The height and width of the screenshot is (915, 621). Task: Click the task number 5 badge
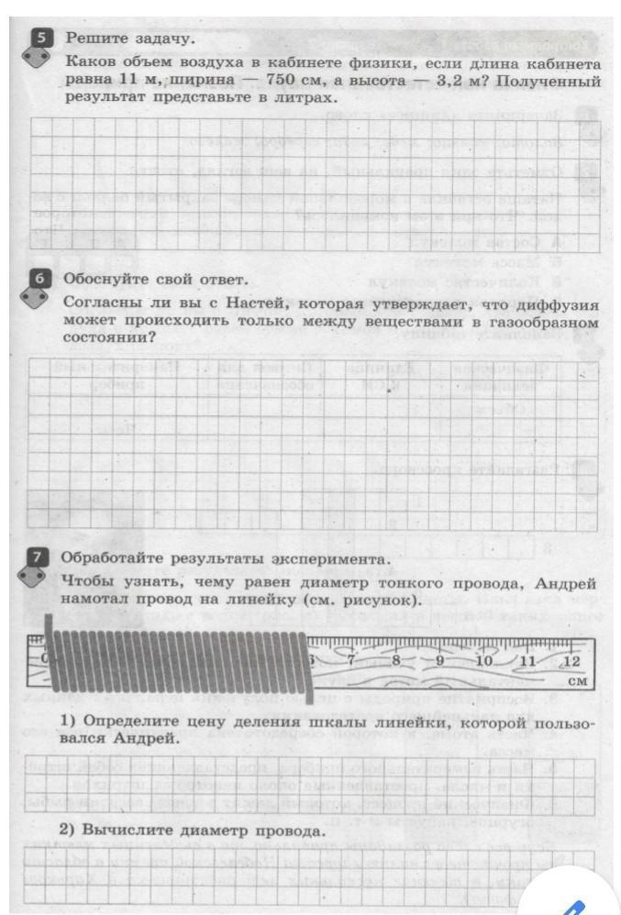[x=41, y=38]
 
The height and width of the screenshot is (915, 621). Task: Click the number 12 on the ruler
[x=571, y=661]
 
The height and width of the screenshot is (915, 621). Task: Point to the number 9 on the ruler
[x=439, y=661]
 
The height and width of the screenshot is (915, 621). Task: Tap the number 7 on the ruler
[x=352, y=660]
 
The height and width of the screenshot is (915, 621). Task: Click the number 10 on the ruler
[x=485, y=661]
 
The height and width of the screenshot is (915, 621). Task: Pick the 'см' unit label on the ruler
[x=576, y=682]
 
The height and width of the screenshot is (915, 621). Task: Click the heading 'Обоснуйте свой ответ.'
[x=155, y=279]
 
